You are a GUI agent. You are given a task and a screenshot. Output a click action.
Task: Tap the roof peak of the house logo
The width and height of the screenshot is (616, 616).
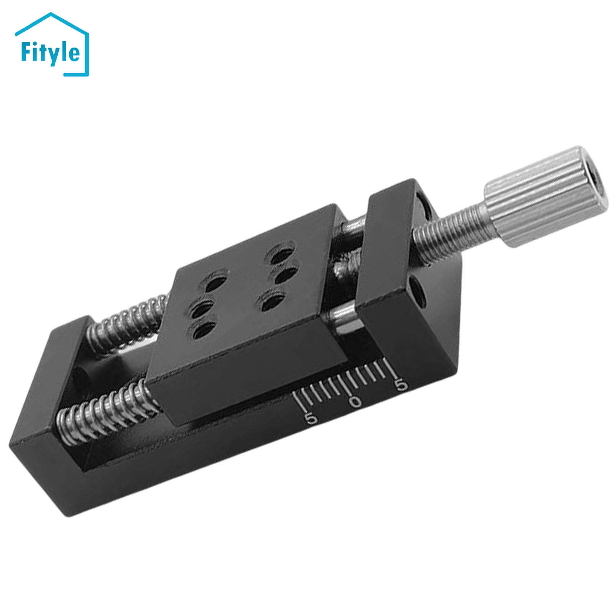pos(50,14)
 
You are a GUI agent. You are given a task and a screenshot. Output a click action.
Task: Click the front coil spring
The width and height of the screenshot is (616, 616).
pos(104,410)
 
